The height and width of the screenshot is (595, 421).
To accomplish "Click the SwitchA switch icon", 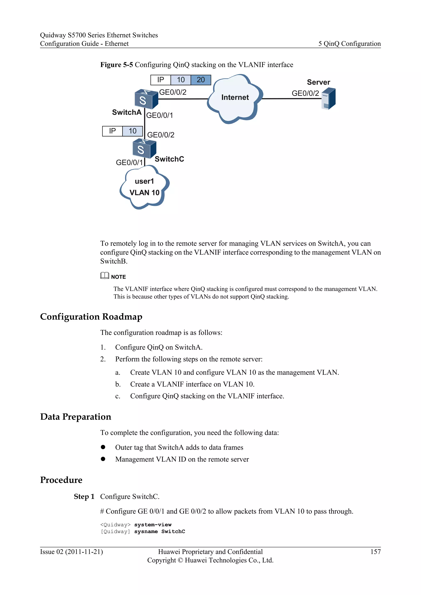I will pyautogui.click(x=146, y=99).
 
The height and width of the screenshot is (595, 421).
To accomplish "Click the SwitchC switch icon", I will pyautogui.click(x=144, y=149).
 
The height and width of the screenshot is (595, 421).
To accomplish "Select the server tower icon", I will pyautogui.click(x=328, y=99).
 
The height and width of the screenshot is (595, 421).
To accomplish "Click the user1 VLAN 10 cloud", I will pyautogui.click(x=144, y=187).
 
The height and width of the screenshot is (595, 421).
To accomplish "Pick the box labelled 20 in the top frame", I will pyautogui.click(x=201, y=80).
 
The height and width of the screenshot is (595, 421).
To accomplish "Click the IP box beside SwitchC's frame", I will pyautogui.click(x=112, y=131).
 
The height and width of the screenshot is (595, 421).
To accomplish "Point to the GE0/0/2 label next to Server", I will pyautogui.click(x=305, y=93).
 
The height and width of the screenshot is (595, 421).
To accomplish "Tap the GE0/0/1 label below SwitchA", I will pyautogui.click(x=160, y=115).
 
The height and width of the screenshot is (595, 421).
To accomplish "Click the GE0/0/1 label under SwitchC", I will pyautogui.click(x=129, y=163).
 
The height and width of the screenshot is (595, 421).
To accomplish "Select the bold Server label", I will pyautogui.click(x=318, y=82).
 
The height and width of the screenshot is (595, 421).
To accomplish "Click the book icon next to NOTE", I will pyautogui.click(x=104, y=276).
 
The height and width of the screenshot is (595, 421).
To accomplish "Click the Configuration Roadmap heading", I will pyautogui.click(x=91, y=317).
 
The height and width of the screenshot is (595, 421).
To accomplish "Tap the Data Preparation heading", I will pyautogui.click(x=75, y=417).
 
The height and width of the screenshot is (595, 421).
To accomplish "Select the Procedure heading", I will pyautogui.click(x=61, y=480).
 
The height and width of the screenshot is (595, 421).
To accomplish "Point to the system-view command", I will pyautogui.click(x=153, y=525).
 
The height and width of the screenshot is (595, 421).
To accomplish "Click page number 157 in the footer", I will pyautogui.click(x=375, y=552).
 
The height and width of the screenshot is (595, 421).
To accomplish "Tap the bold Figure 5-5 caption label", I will pyautogui.click(x=116, y=65).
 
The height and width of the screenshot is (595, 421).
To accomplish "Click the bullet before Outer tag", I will pyautogui.click(x=103, y=447).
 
